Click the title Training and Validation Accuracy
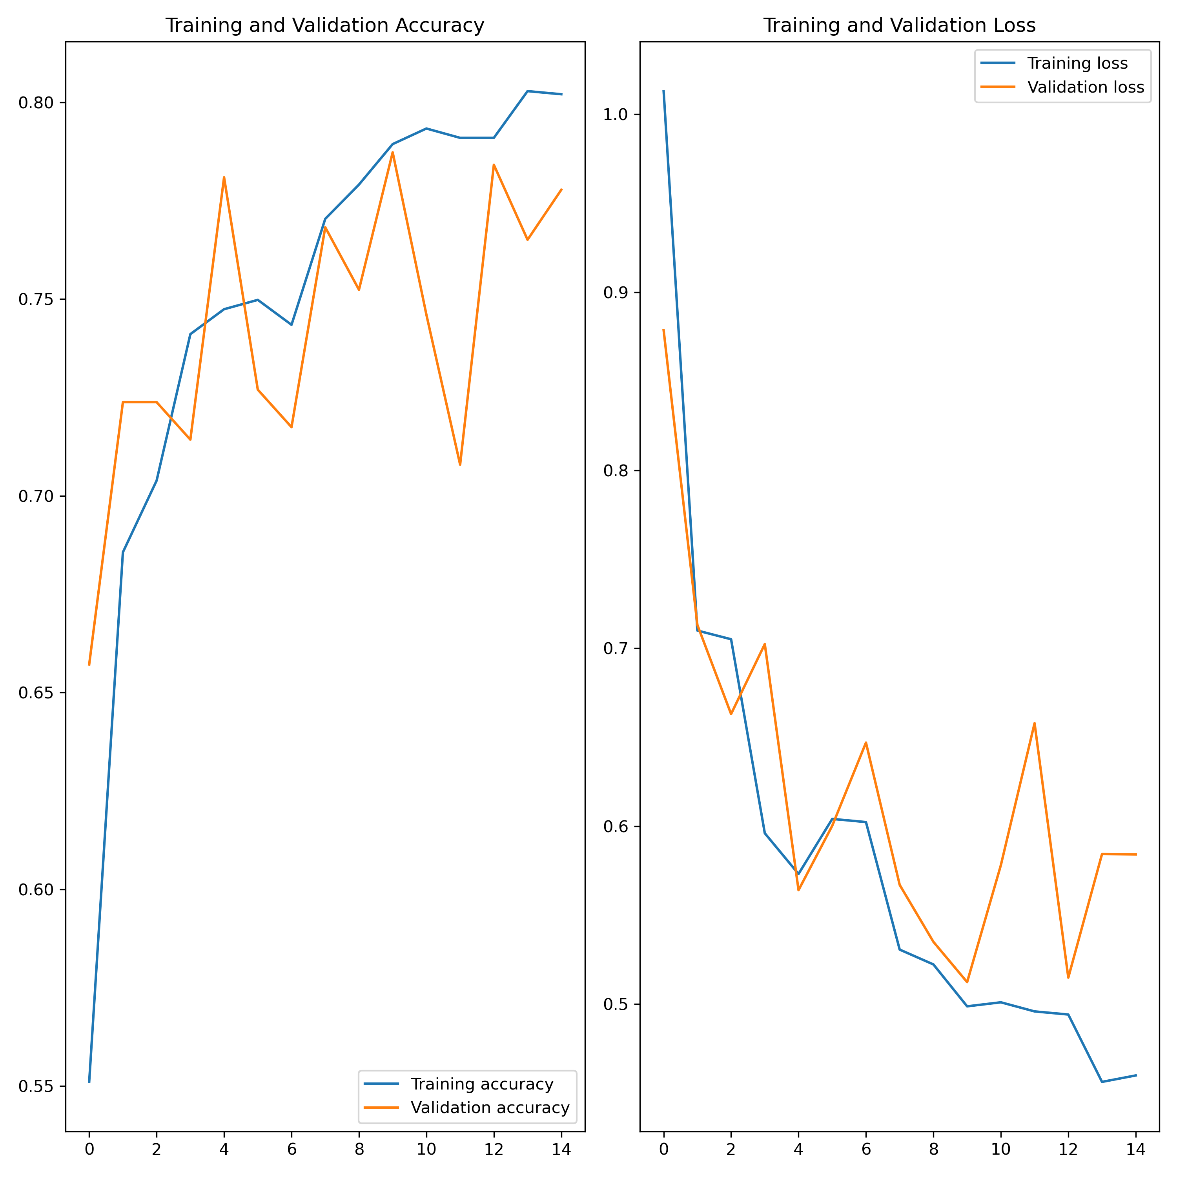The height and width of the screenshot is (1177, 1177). click(325, 25)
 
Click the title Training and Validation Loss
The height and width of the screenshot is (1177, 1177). click(899, 25)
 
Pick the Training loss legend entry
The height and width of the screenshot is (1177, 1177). click(1077, 63)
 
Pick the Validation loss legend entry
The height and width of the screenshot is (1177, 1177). click(1086, 87)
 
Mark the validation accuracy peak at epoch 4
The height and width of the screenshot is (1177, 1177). click(224, 177)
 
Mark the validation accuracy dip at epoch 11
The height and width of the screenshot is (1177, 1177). click(460, 465)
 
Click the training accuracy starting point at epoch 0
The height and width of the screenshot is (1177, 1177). click(89, 1082)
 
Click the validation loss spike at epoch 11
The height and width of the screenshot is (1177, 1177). click(1035, 723)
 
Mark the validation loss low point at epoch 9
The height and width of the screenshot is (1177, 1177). click(967, 982)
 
